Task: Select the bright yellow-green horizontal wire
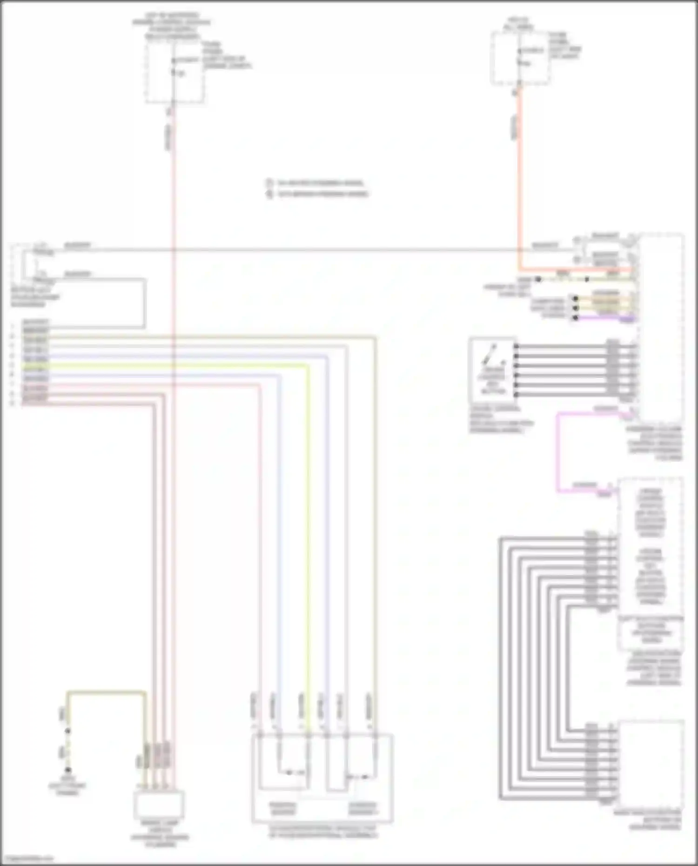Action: pos(186,365)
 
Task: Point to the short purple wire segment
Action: pos(605,318)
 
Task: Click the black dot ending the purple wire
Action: pos(576,318)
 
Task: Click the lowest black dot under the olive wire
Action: pos(68,770)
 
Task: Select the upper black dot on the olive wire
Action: pos(68,731)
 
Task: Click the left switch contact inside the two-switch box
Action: pos(289,773)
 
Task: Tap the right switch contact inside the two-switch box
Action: pos(361,776)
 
